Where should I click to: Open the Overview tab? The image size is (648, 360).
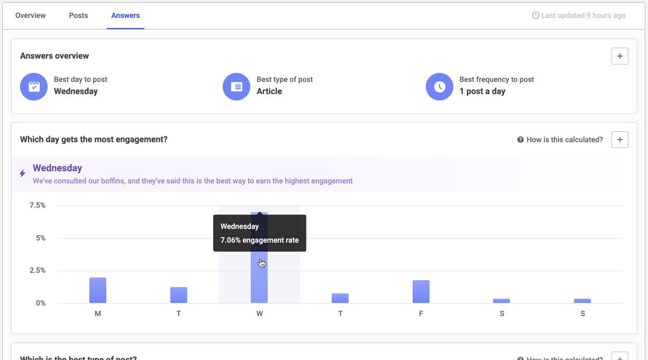[x=31, y=15]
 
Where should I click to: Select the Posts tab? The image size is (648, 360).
[x=78, y=15]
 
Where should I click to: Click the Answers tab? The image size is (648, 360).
[x=125, y=15]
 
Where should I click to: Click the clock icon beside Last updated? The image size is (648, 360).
[x=535, y=15]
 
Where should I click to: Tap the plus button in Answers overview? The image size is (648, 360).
[x=619, y=56]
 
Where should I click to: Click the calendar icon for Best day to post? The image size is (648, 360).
[x=34, y=87]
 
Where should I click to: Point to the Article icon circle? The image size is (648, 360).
[x=236, y=87]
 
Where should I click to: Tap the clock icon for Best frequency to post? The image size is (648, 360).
[x=440, y=87]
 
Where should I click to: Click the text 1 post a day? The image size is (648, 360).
[x=482, y=91]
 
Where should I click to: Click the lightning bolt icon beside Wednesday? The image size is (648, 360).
[x=22, y=173]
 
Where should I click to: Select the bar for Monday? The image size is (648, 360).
[x=98, y=290]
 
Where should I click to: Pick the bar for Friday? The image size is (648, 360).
[x=421, y=291]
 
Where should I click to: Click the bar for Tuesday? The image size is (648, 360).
[x=179, y=295]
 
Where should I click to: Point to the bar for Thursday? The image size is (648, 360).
[x=340, y=298]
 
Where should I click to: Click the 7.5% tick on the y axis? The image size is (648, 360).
[x=37, y=205]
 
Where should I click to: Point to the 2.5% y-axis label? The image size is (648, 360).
[x=37, y=270]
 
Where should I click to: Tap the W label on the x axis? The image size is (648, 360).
[x=259, y=313]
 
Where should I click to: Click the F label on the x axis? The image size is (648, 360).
[x=421, y=313]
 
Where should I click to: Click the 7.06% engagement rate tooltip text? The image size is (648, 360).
[x=259, y=240]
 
